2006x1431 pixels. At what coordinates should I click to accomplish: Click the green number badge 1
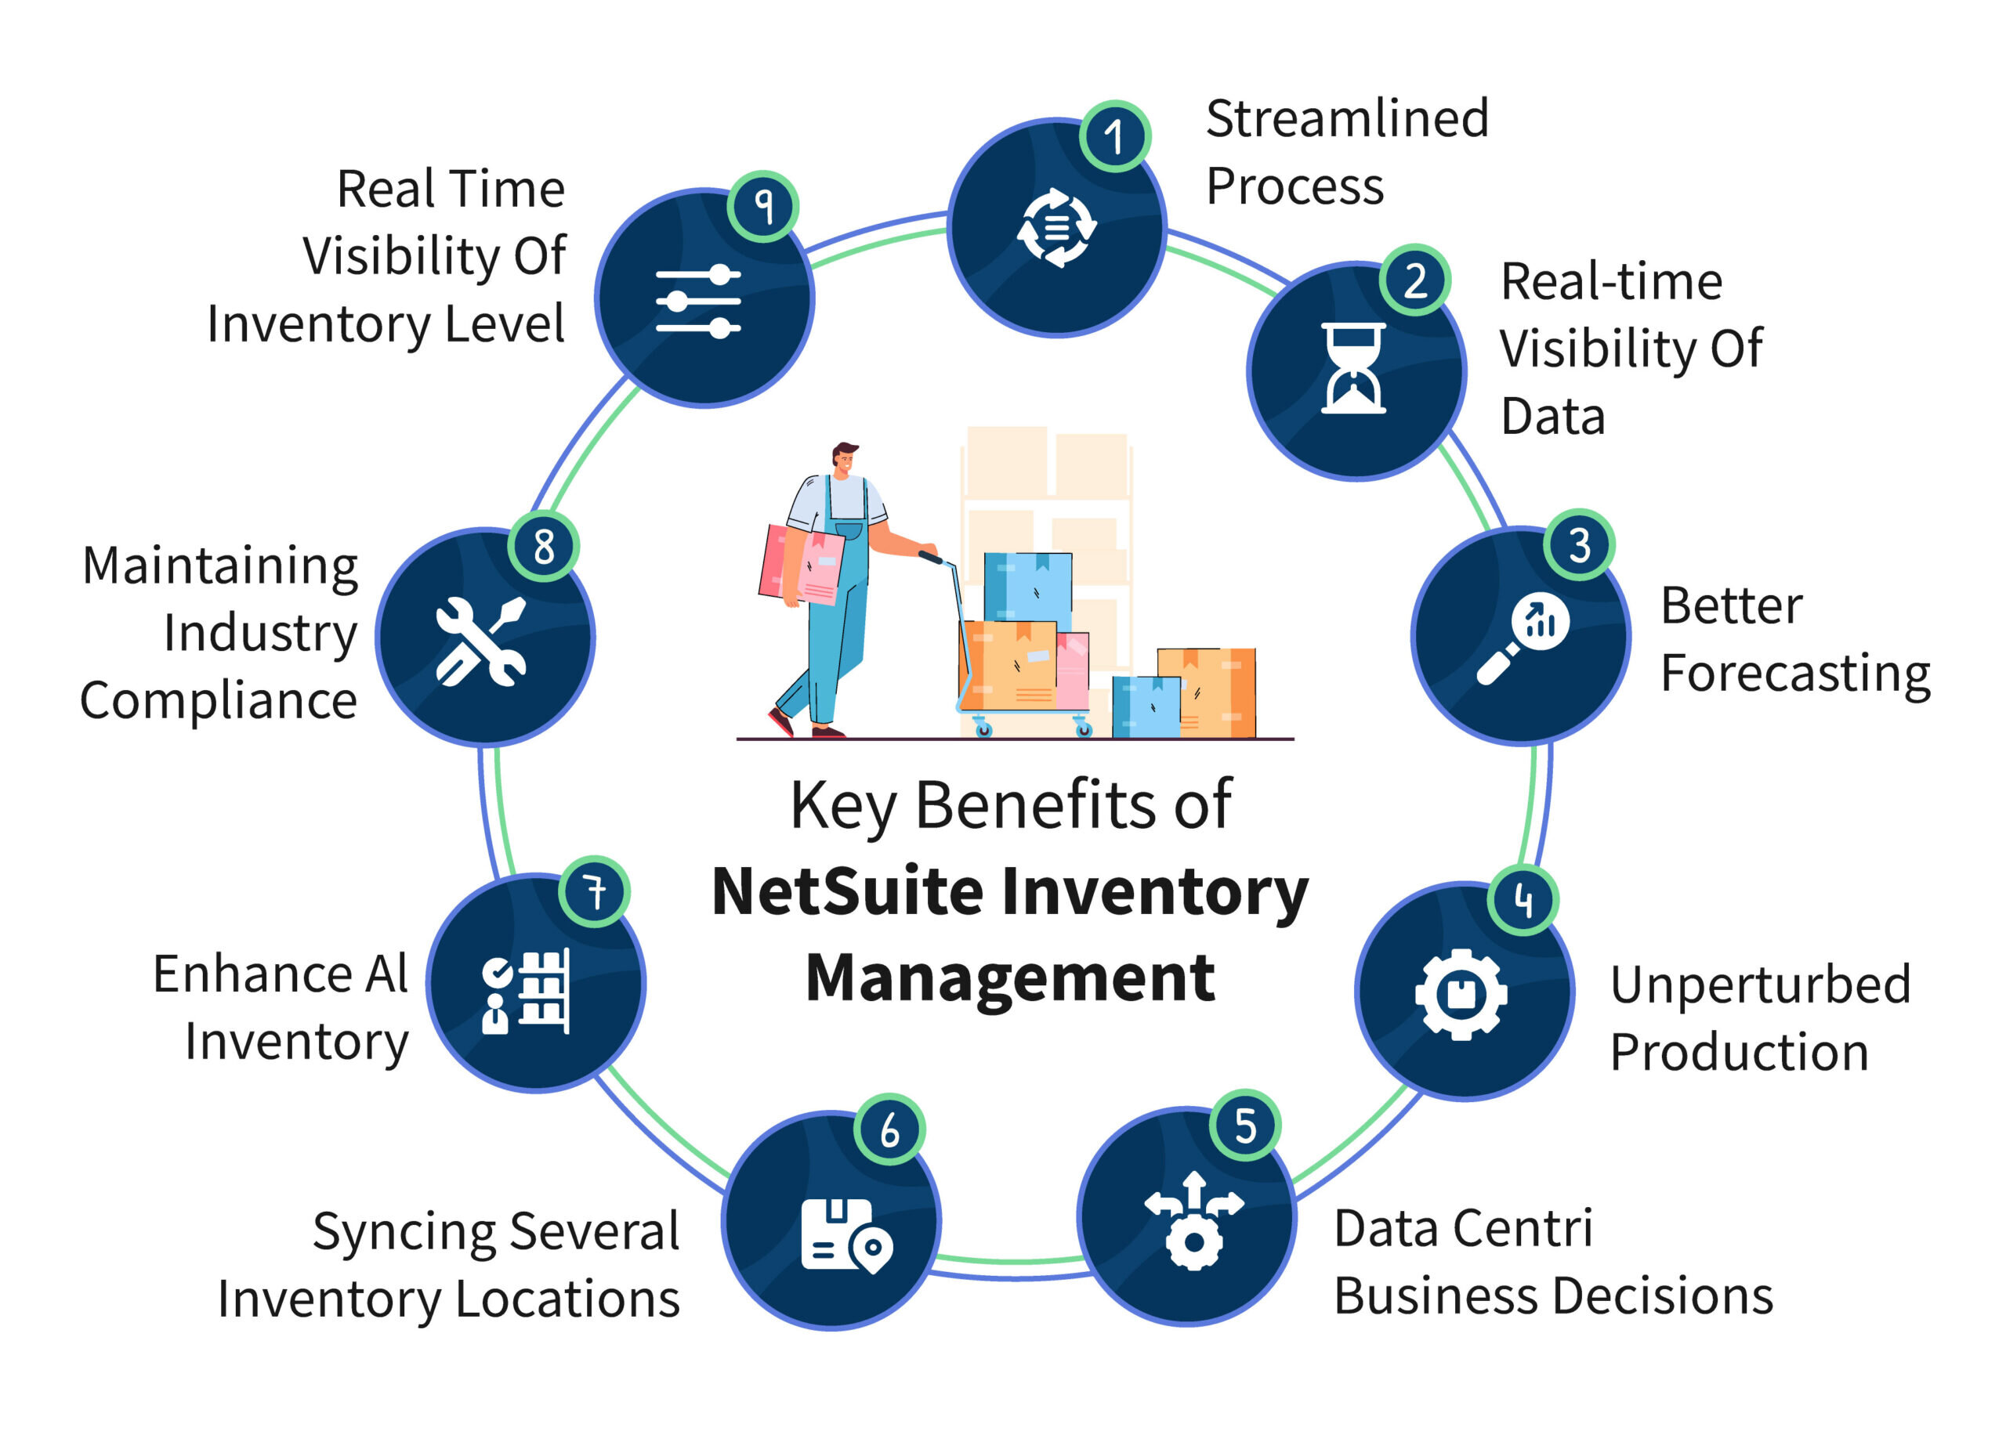(x=1115, y=136)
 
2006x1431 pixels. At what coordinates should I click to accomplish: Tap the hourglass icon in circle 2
(x=1354, y=368)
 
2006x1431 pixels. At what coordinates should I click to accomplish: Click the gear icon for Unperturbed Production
(x=1461, y=994)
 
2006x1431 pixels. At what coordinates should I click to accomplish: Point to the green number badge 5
(x=1244, y=1126)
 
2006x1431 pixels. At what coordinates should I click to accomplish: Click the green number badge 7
(x=595, y=891)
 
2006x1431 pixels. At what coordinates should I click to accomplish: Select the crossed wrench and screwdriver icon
(x=481, y=641)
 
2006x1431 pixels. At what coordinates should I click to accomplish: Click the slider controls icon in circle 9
(x=698, y=302)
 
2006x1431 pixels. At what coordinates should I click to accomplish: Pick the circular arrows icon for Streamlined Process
(x=1057, y=228)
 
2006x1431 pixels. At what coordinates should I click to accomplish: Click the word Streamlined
(x=1347, y=119)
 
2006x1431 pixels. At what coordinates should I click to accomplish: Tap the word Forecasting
(x=1795, y=675)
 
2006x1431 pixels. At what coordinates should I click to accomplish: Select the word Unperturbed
(x=1760, y=985)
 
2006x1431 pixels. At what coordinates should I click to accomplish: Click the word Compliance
(x=219, y=702)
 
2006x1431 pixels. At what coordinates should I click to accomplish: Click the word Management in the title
(x=1010, y=978)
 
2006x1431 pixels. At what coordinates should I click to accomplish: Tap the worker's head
(x=843, y=458)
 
